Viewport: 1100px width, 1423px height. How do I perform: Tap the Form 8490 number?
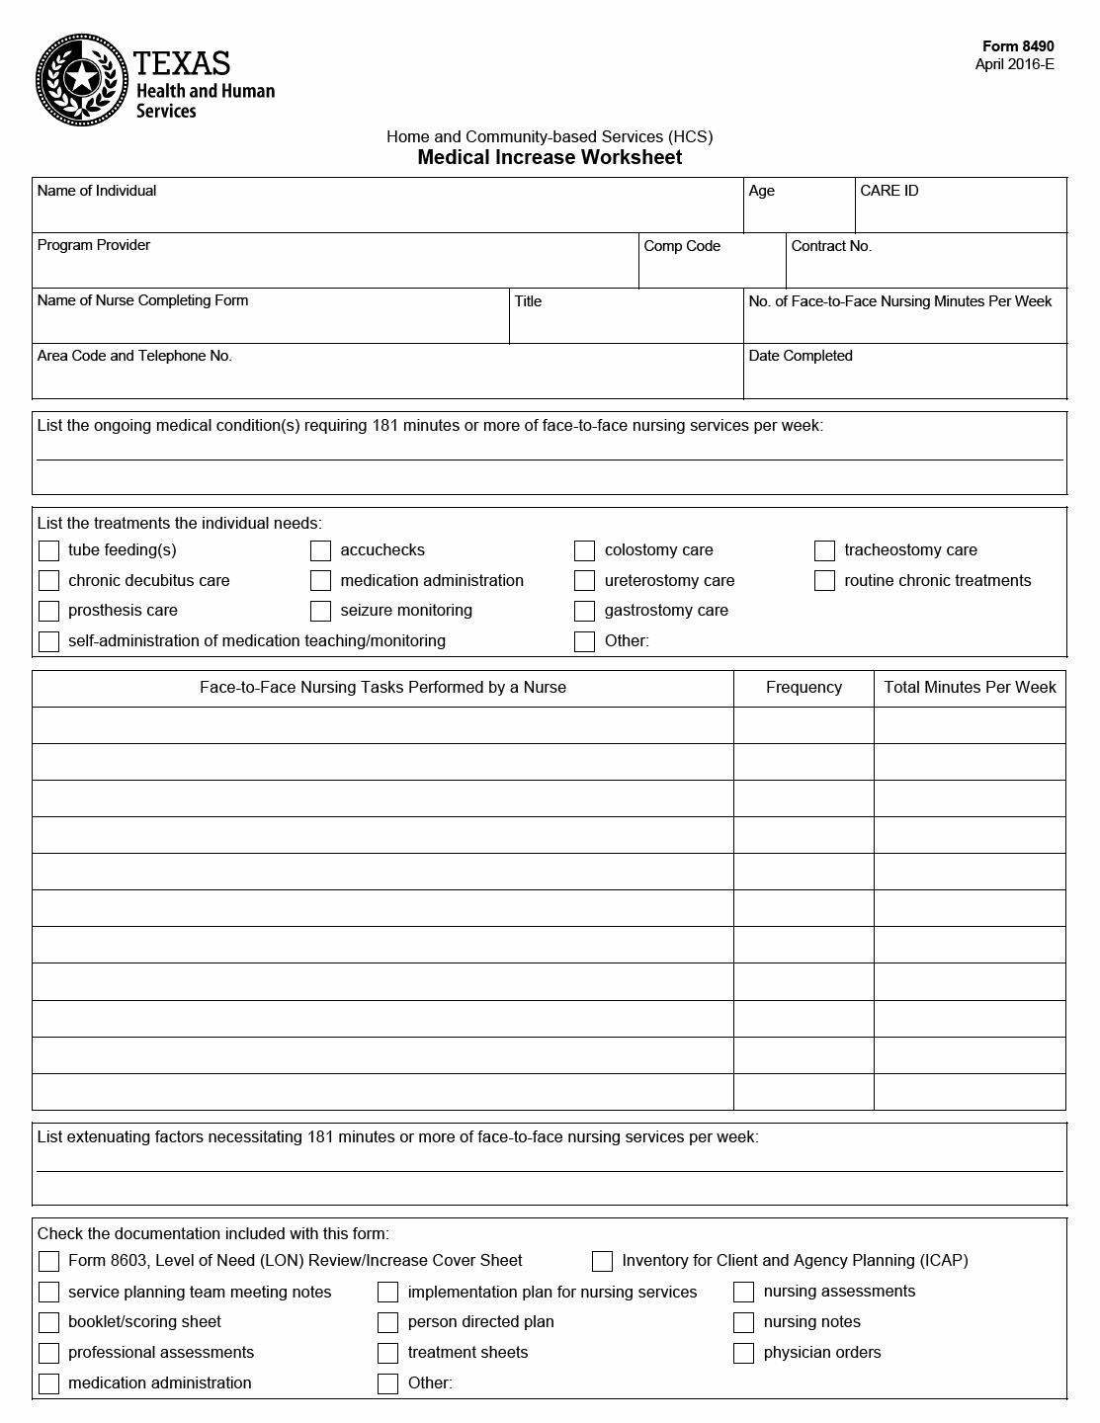coord(1018,46)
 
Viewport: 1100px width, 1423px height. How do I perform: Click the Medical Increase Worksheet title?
coord(550,158)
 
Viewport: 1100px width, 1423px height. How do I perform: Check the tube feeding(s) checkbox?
coord(48,550)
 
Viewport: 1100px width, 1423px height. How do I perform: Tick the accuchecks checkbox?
coord(321,550)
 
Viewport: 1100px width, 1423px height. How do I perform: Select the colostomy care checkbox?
coord(585,550)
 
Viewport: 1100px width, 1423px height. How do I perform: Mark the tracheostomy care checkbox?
coord(825,550)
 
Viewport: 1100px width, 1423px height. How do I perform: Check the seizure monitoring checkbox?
coord(321,611)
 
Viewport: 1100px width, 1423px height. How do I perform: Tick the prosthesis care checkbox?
coord(48,611)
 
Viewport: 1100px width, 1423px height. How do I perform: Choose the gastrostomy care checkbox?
coord(585,611)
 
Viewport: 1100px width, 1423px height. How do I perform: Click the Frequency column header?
coord(804,688)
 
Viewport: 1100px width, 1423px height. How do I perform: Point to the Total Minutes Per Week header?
coord(970,688)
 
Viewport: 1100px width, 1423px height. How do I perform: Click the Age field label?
coord(762,191)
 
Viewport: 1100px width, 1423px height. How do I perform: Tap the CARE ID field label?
coord(889,191)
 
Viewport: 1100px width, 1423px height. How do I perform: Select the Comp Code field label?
coord(682,246)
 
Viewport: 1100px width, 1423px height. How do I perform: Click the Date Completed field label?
coord(801,356)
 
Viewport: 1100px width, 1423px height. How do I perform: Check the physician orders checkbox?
coord(744,1353)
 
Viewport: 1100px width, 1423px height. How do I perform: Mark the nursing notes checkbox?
coord(744,1322)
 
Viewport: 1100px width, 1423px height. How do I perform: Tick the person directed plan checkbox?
coord(388,1322)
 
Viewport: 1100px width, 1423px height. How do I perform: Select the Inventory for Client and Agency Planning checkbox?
coord(602,1261)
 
